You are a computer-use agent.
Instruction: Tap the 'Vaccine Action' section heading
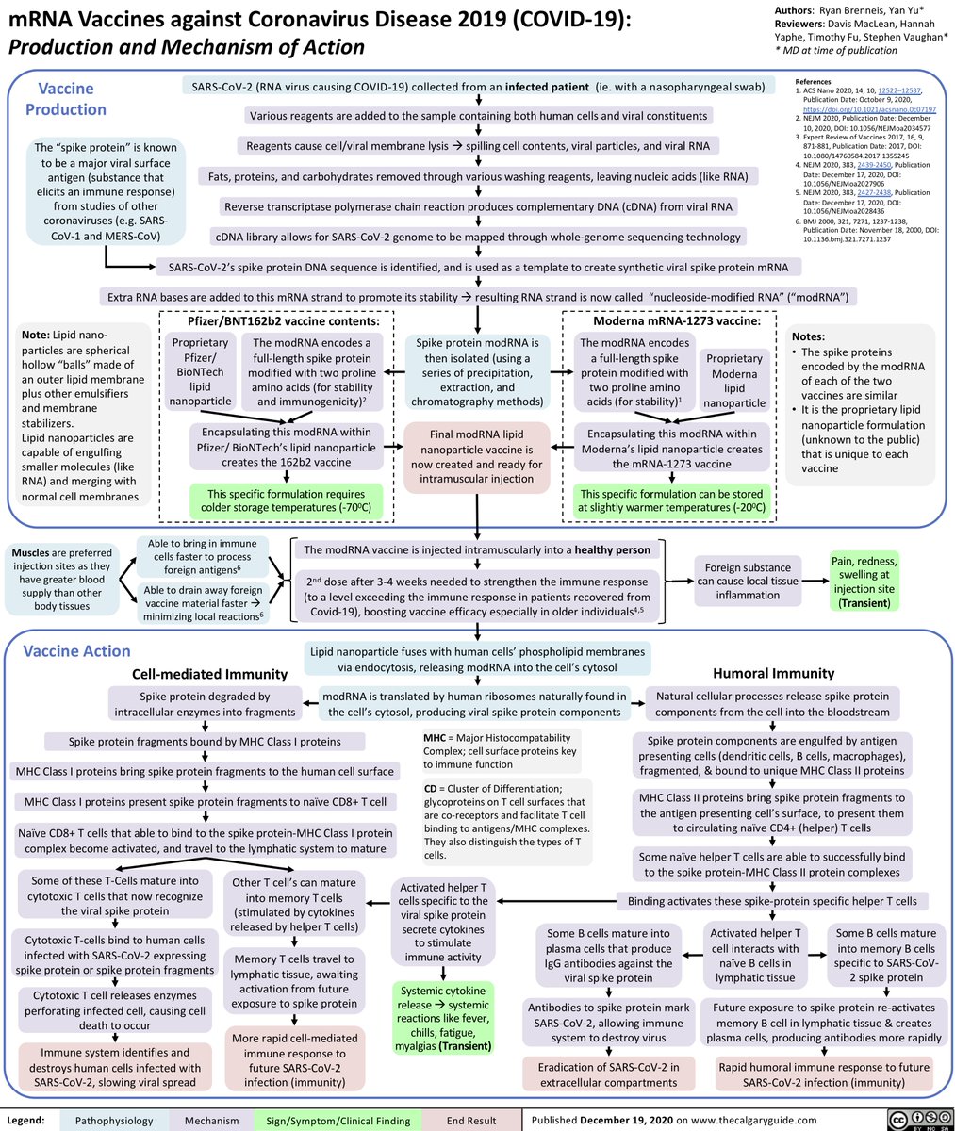click(76, 651)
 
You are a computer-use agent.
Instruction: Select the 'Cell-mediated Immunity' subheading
click(209, 673)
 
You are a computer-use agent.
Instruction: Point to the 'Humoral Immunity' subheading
click(773, 673)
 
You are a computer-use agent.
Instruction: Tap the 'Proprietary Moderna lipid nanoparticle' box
click(734, 381)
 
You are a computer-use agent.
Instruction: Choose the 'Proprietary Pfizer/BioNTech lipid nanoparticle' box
click(200, 373)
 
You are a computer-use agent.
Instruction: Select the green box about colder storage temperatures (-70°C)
click(283, 501)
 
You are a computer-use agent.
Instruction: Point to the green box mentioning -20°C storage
click(673, 501)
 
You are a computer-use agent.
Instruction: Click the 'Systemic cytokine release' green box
click(443, 1017)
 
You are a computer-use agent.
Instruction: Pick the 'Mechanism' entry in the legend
click(212, 1121)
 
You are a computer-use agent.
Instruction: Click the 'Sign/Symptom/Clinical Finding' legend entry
click(337, 1121)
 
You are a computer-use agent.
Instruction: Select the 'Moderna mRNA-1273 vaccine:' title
click(676, 321)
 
